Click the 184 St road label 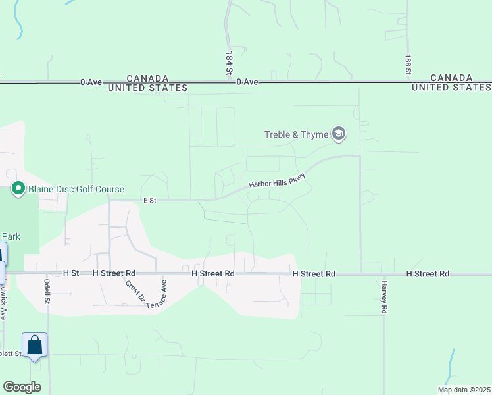pyautogui.click(x=230, y=62)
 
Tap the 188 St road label pyautogui.click(x=408, y=64)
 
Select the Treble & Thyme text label pyautogui.click(x=296, y=135)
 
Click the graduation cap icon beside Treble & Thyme pyautogui.click(x=339, y=134)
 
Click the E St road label pyautogui.click(x=149, y=201)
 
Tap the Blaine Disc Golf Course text pyautogui.click(x=76, y=190)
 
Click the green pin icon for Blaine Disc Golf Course pyautogui.click(x=18, y=190)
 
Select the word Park pyautogui.click(x=9, y=236)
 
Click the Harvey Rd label pyautogui.click(x=383, y=296)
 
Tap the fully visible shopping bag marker pyautogui.click(x=34, y=344)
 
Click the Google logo pyautogui.click(x=22, y=387)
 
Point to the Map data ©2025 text pyautogui.click(x=463, y=390)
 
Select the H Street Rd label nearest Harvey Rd pyautogui.click(x=428, y=273)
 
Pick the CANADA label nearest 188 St pyautogui.click(x=451, y=78)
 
